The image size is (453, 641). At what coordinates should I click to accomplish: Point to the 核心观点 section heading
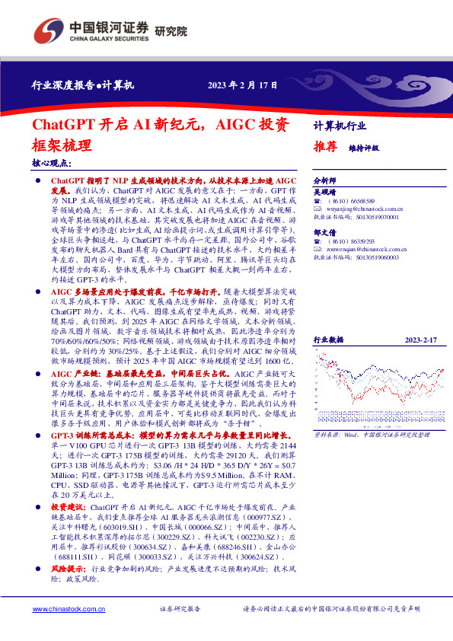pos(52,162)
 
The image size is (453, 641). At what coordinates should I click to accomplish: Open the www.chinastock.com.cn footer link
pos(63,609)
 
